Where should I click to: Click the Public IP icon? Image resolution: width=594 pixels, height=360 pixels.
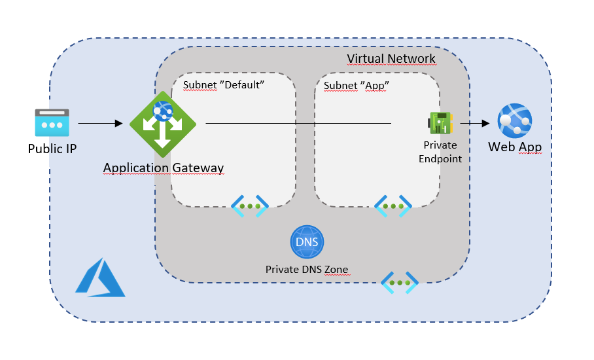point(52,123)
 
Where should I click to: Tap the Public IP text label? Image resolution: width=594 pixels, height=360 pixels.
point(52,149)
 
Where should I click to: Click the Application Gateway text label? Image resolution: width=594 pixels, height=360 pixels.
point(164,169)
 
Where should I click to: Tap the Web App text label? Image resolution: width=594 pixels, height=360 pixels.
point(515,147)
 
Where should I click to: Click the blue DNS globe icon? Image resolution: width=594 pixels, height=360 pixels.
point(307,242)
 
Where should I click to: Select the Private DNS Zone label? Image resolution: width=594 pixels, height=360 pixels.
point(307,270)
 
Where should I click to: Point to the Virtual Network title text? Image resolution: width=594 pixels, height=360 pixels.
point(391,59)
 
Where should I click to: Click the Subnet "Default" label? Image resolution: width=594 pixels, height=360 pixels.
point(223,85)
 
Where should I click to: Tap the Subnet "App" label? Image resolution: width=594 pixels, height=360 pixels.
point(357,85)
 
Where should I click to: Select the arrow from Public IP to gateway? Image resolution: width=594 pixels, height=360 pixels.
point(100,123)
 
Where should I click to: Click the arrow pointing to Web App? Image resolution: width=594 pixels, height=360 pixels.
point(476,123)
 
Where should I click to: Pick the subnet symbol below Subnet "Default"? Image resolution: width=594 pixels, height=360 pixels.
point(250,206)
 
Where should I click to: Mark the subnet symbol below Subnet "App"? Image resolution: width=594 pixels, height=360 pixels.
point(393,206)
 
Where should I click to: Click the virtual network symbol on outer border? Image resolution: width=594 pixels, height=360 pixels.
point(399,283)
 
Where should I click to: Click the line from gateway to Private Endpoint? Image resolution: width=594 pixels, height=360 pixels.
point(298,123)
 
